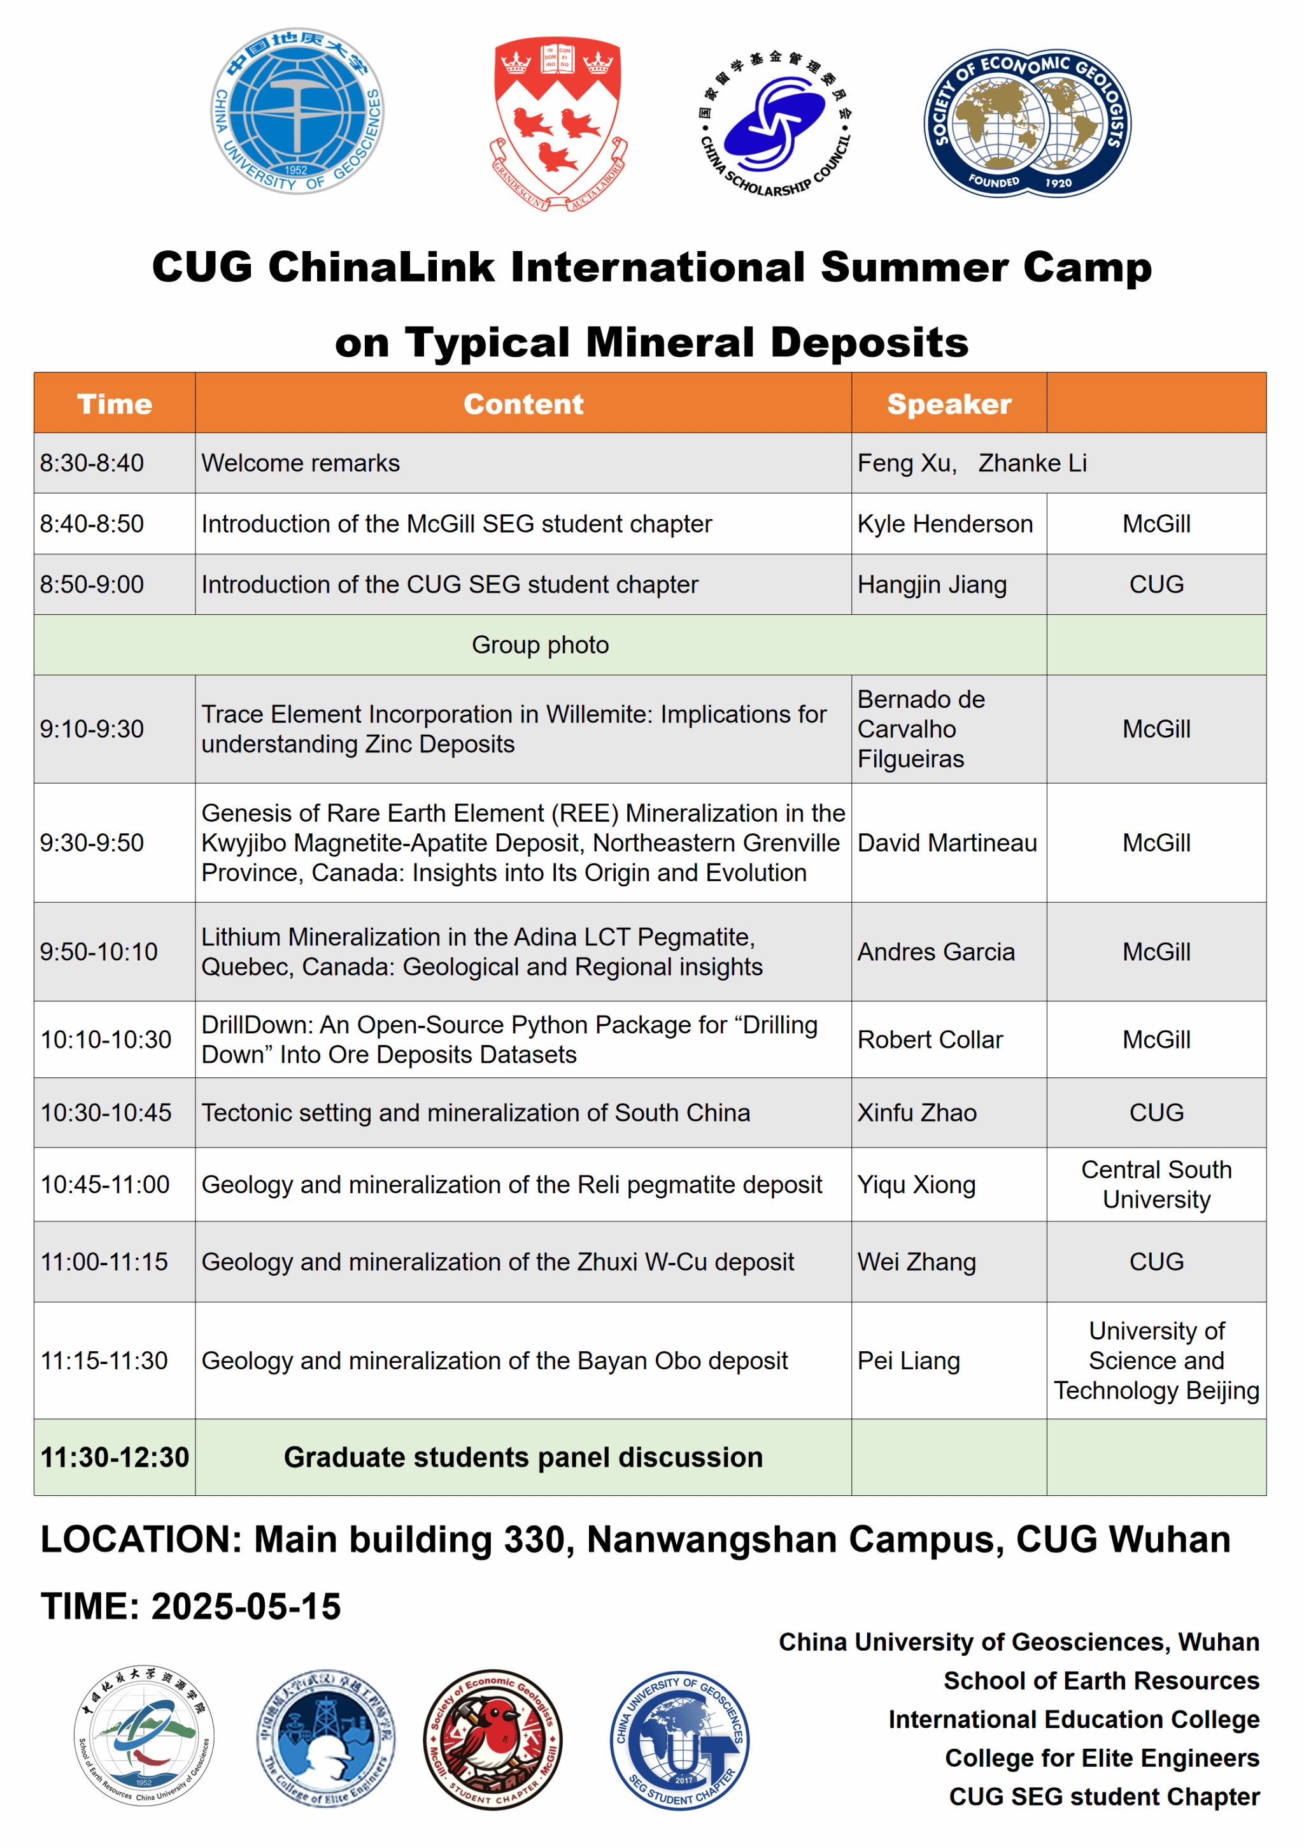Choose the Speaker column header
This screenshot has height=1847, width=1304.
[949, 404]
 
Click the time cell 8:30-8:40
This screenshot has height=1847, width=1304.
[92, 463]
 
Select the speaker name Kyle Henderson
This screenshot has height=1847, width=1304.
[945, 524]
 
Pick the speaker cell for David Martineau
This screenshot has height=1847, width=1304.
[947, 843]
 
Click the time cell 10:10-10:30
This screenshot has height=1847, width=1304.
[106, 1039]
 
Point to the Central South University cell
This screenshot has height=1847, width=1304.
[1156, 1184]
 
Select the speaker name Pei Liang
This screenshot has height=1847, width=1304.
[909, 1360]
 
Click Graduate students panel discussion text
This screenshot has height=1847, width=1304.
[523, 1457]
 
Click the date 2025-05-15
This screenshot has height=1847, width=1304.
[246, 1606]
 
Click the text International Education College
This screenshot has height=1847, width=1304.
[1074, 1719]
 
